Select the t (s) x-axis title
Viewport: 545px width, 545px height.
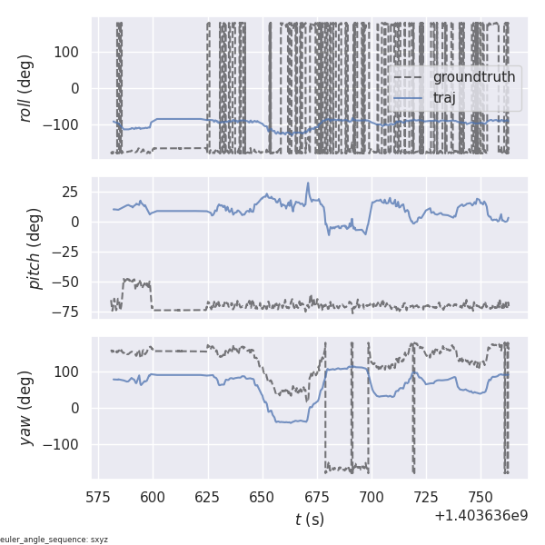pyautogui.click(x=309, y=520)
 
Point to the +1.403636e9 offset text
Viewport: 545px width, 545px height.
pyautogui.click(x=481, y=515)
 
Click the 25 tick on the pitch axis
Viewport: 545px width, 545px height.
pyautogui.click(x=73, y=192)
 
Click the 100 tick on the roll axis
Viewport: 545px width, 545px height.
pyautogui.click(x=66, y=52)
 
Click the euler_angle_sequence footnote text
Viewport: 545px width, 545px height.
pyautogui.click(x=54, y=540)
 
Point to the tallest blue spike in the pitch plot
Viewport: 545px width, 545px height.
pyautogui.click(x=308, y=183)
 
